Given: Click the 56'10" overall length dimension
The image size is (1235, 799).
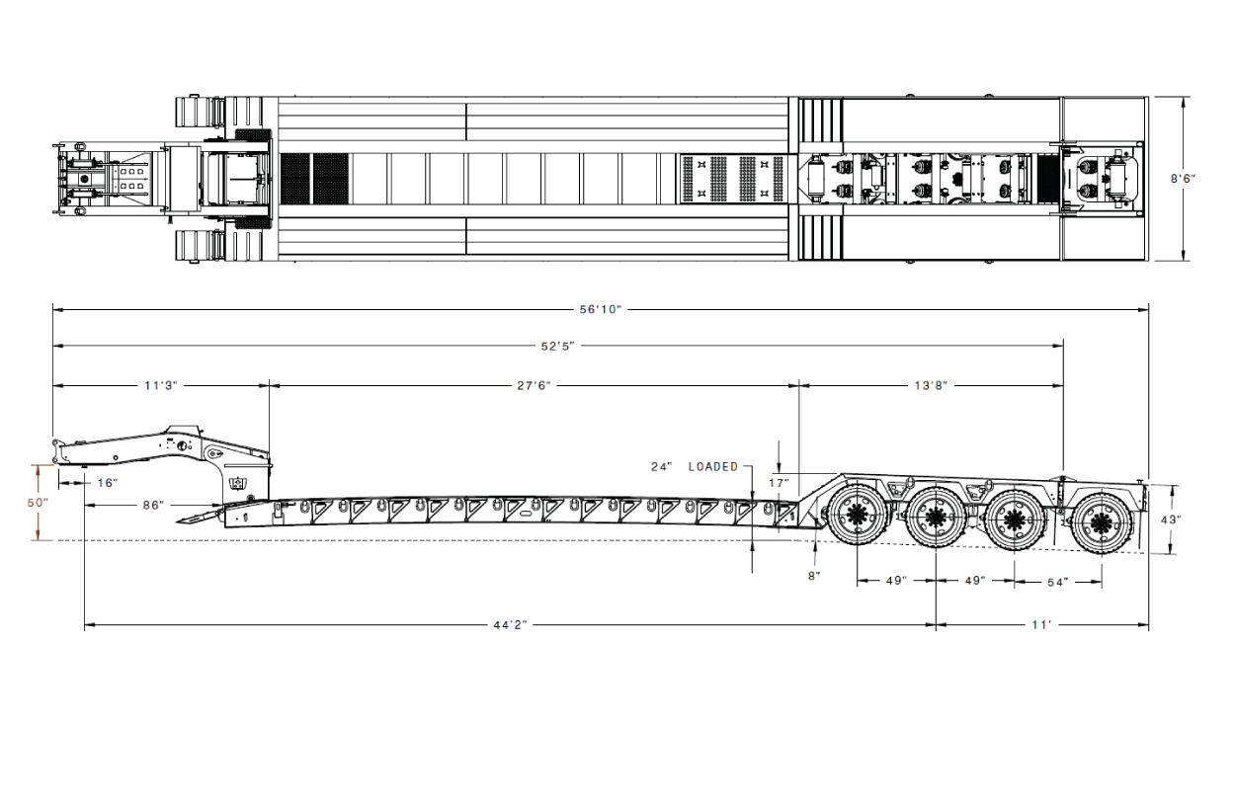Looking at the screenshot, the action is click(600, 310).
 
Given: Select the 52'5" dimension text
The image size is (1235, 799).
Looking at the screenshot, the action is click(557, 346).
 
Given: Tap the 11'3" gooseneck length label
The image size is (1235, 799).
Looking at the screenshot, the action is click(161, 386).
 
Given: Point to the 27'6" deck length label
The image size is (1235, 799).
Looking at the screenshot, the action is click(534, 386).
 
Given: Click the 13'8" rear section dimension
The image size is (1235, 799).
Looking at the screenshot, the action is click(931, 386).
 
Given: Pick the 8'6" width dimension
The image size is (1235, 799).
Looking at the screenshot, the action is click(1184, 179).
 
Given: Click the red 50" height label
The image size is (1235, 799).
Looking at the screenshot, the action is click(39, 503).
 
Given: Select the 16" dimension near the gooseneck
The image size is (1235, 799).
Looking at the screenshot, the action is click(108, 483).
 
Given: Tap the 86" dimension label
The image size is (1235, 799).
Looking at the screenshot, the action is click(153, 506).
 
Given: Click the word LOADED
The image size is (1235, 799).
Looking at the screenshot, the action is click(713, 467).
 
